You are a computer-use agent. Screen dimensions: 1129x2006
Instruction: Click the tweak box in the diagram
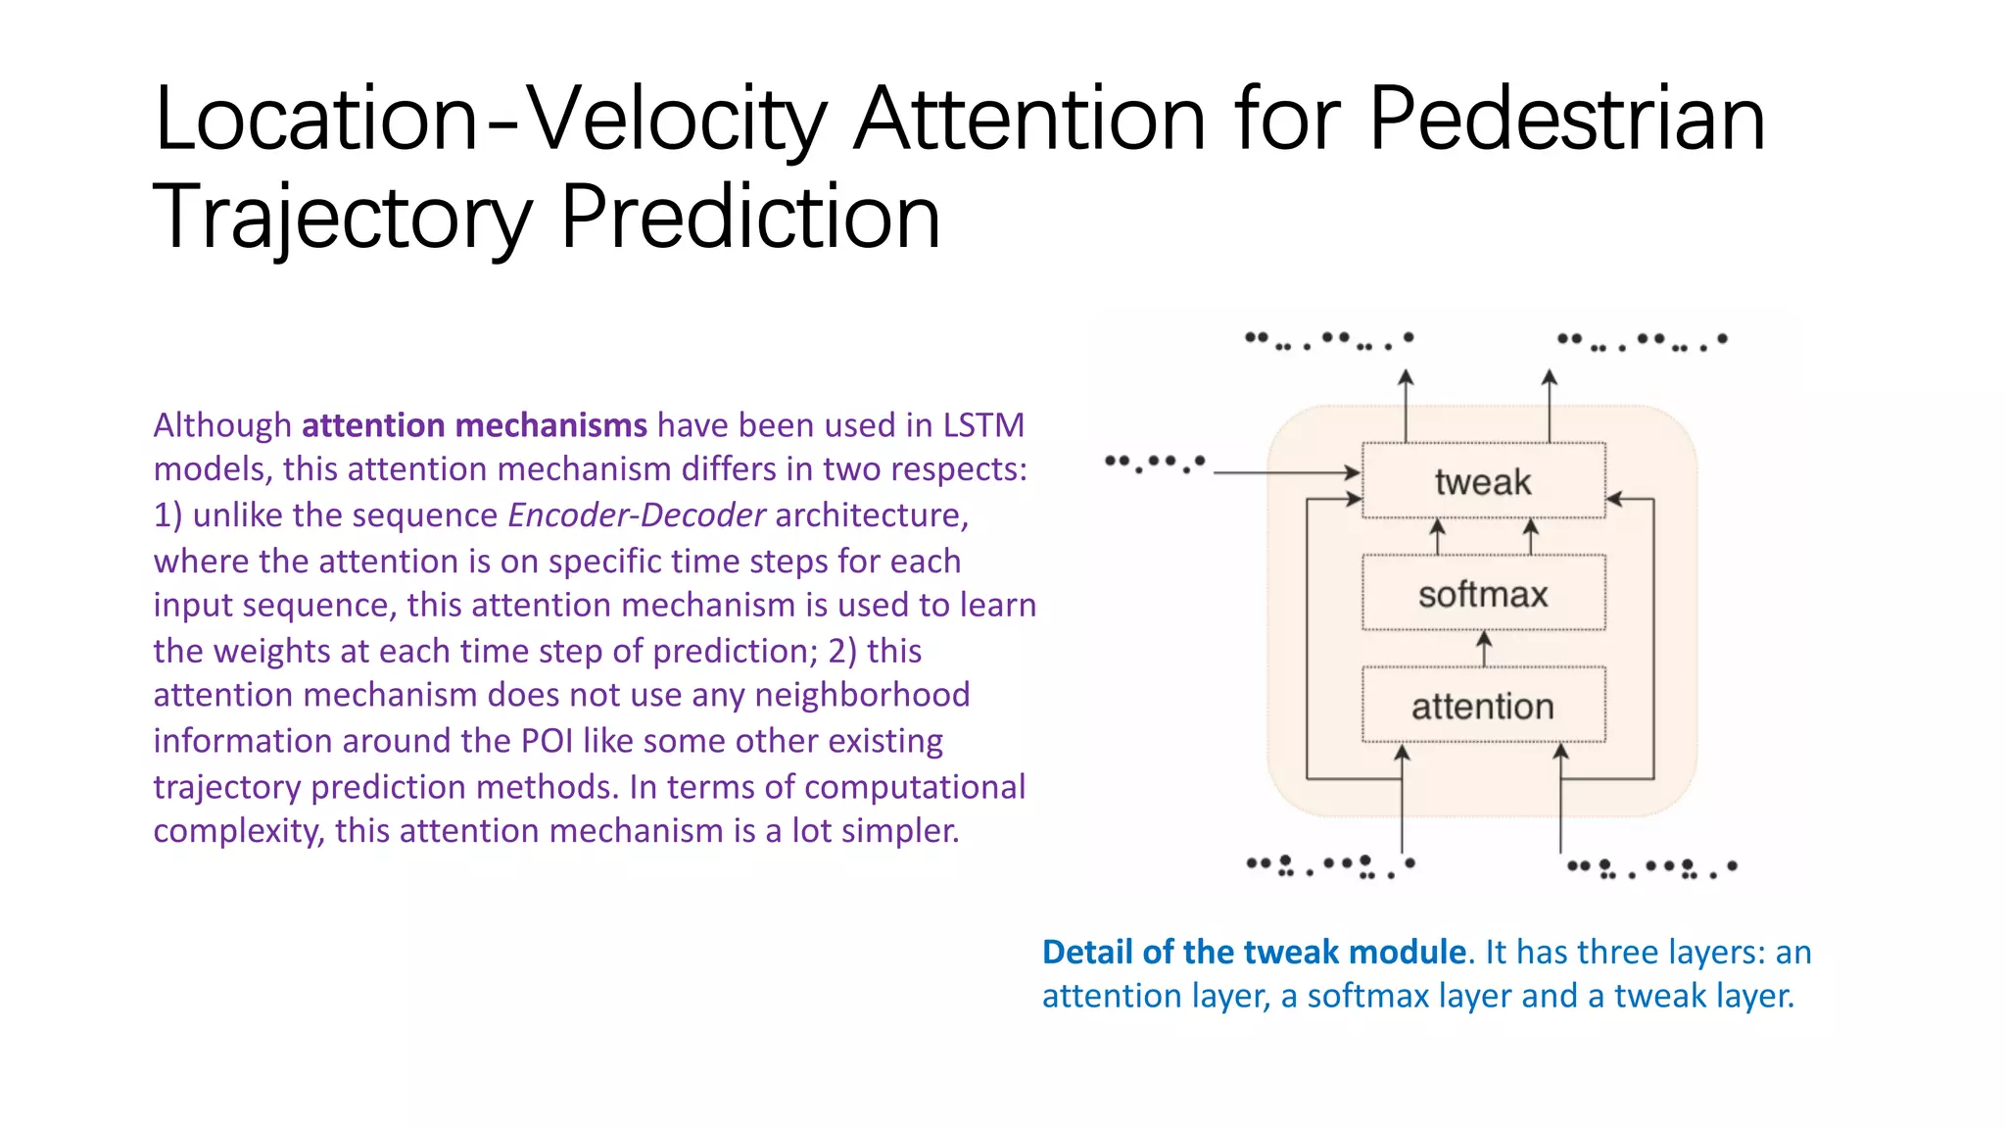pyautogui.click(x=1483, y=481)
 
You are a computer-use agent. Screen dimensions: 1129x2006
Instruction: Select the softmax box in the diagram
pyautogui.click(x=1483, y=594)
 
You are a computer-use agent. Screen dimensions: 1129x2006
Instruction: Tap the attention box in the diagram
pyautogui.click(x=1483, y=706)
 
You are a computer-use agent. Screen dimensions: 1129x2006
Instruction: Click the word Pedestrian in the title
pyautogui.click(x=1566, y=120)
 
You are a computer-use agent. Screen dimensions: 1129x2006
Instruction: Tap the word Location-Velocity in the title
pyautogui.click(x=490, y=120)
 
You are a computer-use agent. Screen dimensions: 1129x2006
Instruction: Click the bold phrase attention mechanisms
pyautogui.click(x=474, y=425)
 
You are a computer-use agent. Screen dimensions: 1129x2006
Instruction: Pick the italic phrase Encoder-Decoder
pyautogui.click(x=637, y=515)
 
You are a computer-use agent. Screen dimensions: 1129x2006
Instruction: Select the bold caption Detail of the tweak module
pyautogui.click(x=1254, y=952)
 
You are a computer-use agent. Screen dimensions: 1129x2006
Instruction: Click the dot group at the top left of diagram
pyautogui.click(x=1328, y=340)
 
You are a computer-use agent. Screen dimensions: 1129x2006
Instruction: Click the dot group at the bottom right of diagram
pyautogui.click(x=1651, y=868)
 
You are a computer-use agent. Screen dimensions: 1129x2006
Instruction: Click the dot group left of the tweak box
pyautogui.click(x=1154, y=463)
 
